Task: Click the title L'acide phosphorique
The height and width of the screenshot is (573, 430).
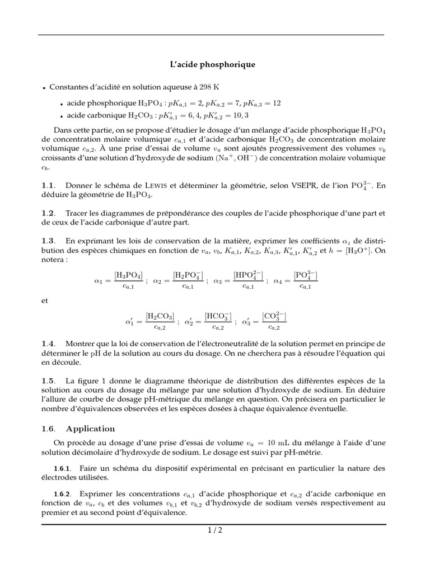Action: (x=212, y=64)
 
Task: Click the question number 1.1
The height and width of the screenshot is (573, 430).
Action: (x=49, y=186)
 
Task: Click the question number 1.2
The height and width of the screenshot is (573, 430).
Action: (x=49, y=214)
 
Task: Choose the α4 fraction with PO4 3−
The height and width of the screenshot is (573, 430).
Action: (x=305, y=280)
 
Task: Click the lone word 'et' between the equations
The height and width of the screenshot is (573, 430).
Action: (x=45, y=300)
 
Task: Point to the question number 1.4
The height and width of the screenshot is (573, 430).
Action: (x=49, y=343)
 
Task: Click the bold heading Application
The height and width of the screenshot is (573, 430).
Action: (x=90, y=429)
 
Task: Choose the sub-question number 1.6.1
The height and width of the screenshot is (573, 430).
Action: (x=63, y=468)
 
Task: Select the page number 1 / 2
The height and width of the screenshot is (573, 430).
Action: (x=214, y=531)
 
